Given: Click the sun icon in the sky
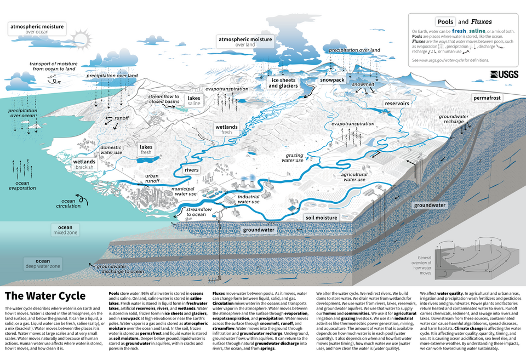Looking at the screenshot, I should tap(82, 38).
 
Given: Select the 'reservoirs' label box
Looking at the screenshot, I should tap(397, 104).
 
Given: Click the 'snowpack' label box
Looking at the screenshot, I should tap(332, 80).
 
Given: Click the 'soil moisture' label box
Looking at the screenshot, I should tap(321, 218).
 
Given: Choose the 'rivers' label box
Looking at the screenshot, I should tap(191, 170).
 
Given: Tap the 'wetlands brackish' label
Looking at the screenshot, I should tap(84, 164).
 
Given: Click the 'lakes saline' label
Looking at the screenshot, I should tap(194, 100).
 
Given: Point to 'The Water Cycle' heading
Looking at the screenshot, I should tap(45, 296).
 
